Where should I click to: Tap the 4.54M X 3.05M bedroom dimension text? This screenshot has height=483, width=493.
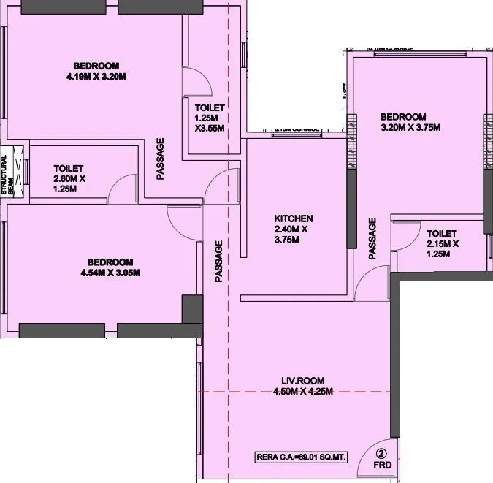(x=110, y=273)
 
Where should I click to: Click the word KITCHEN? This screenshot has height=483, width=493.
(x=294, y=218)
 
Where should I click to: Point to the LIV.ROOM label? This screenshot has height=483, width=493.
(x=303, y=380)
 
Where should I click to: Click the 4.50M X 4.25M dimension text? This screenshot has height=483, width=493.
(x=303, y=392)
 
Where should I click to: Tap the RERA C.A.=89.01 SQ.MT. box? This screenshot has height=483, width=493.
(x=310, y=458)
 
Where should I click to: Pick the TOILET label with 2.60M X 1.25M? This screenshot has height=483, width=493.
(x=68, y=168)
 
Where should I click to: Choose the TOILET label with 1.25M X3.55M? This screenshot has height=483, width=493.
(x=209, y=108)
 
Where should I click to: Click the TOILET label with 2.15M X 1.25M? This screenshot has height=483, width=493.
(x=442, y=234)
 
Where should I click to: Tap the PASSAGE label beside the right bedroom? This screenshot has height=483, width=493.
(x=372, y=238)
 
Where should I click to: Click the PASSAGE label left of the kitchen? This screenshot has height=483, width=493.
(x=218, y=262)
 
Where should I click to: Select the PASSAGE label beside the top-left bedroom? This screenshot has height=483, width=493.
(x=160, y=159)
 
